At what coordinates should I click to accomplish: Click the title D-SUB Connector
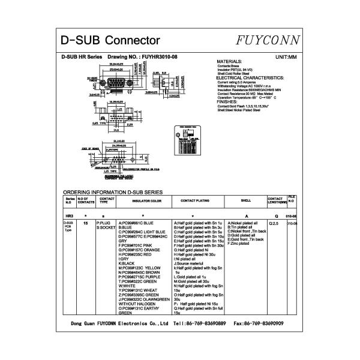point(111,40)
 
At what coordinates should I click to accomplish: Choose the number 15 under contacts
point(86,223)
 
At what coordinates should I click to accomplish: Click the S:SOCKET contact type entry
point(105,228)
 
